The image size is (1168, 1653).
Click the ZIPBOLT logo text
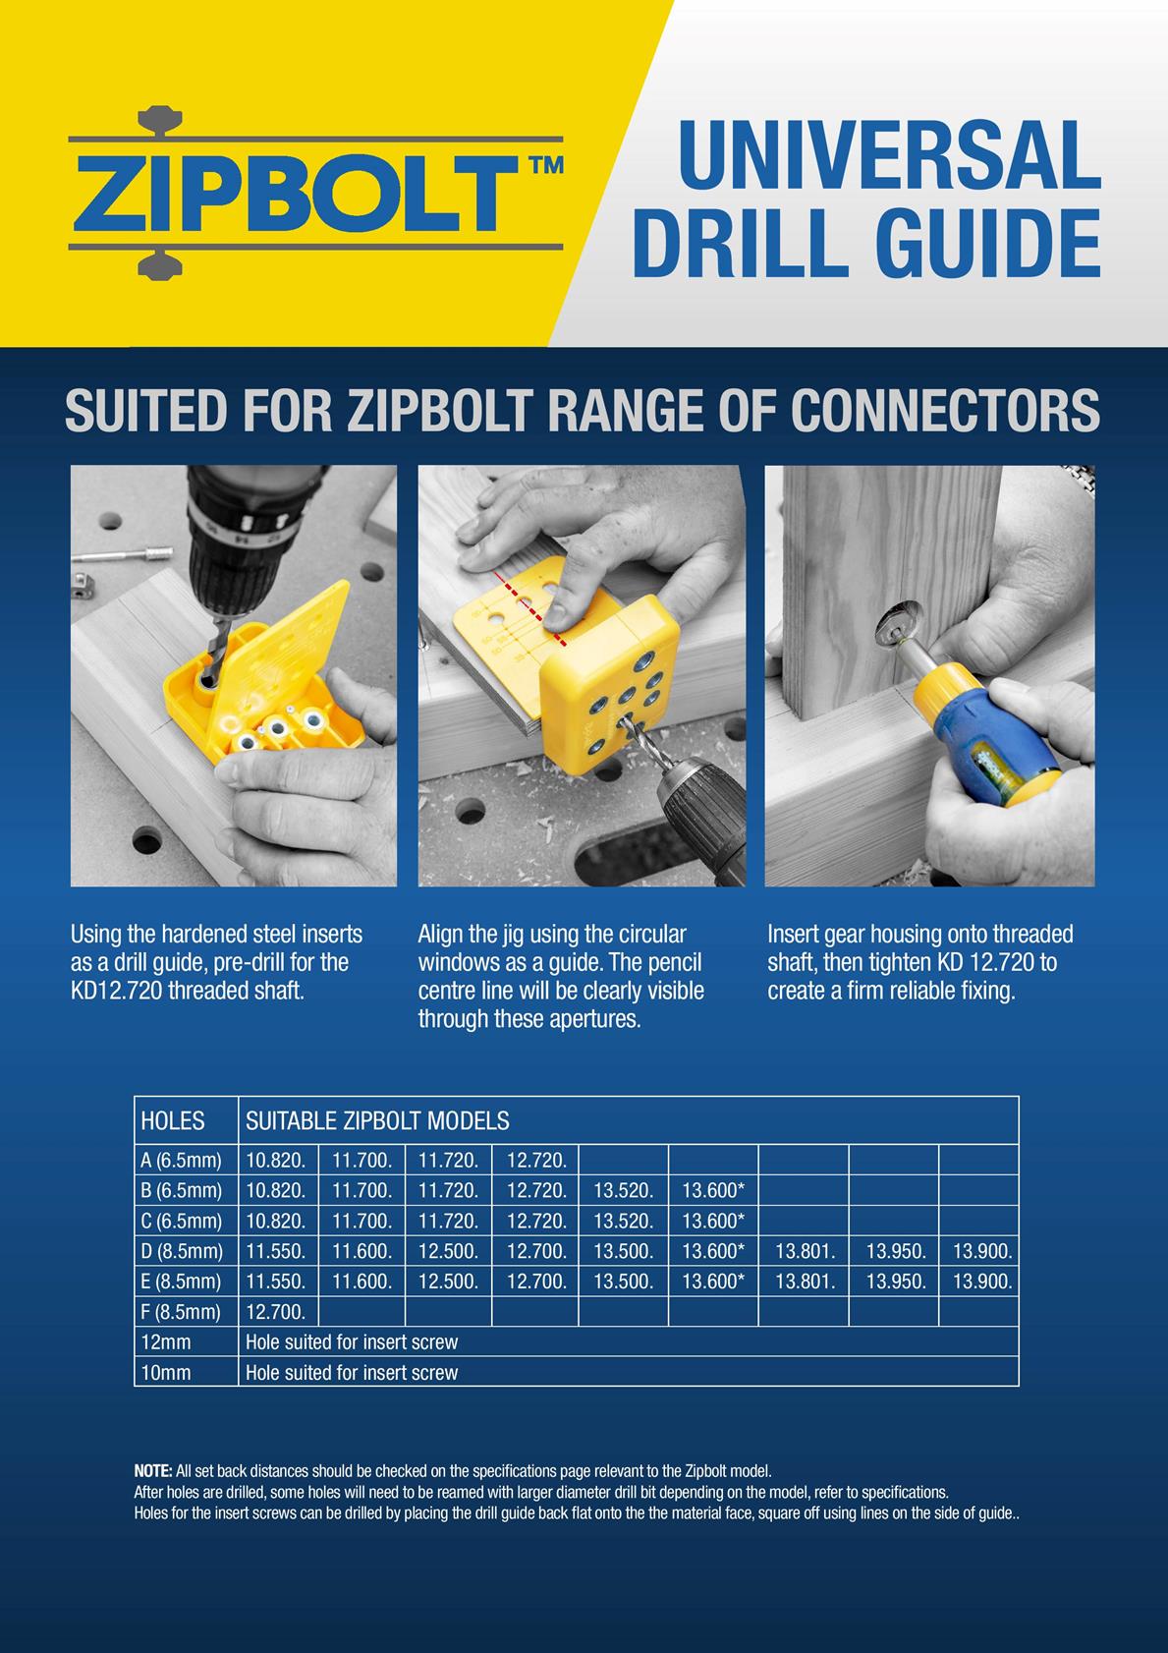(295, 192)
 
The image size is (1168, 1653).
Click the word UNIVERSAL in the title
(889, 155)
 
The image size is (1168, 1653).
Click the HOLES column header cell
(173, 1120)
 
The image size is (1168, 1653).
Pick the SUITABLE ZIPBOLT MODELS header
(377, 1120)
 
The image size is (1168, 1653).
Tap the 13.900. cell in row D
(981, 1251)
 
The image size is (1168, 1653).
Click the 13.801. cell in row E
(805, 1282)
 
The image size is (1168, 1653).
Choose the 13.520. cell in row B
(623, 1190)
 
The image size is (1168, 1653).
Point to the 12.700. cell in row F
(275, 1312)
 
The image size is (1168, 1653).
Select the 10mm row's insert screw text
(351, 1372)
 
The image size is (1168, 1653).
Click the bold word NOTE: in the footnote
(153, 1471)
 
